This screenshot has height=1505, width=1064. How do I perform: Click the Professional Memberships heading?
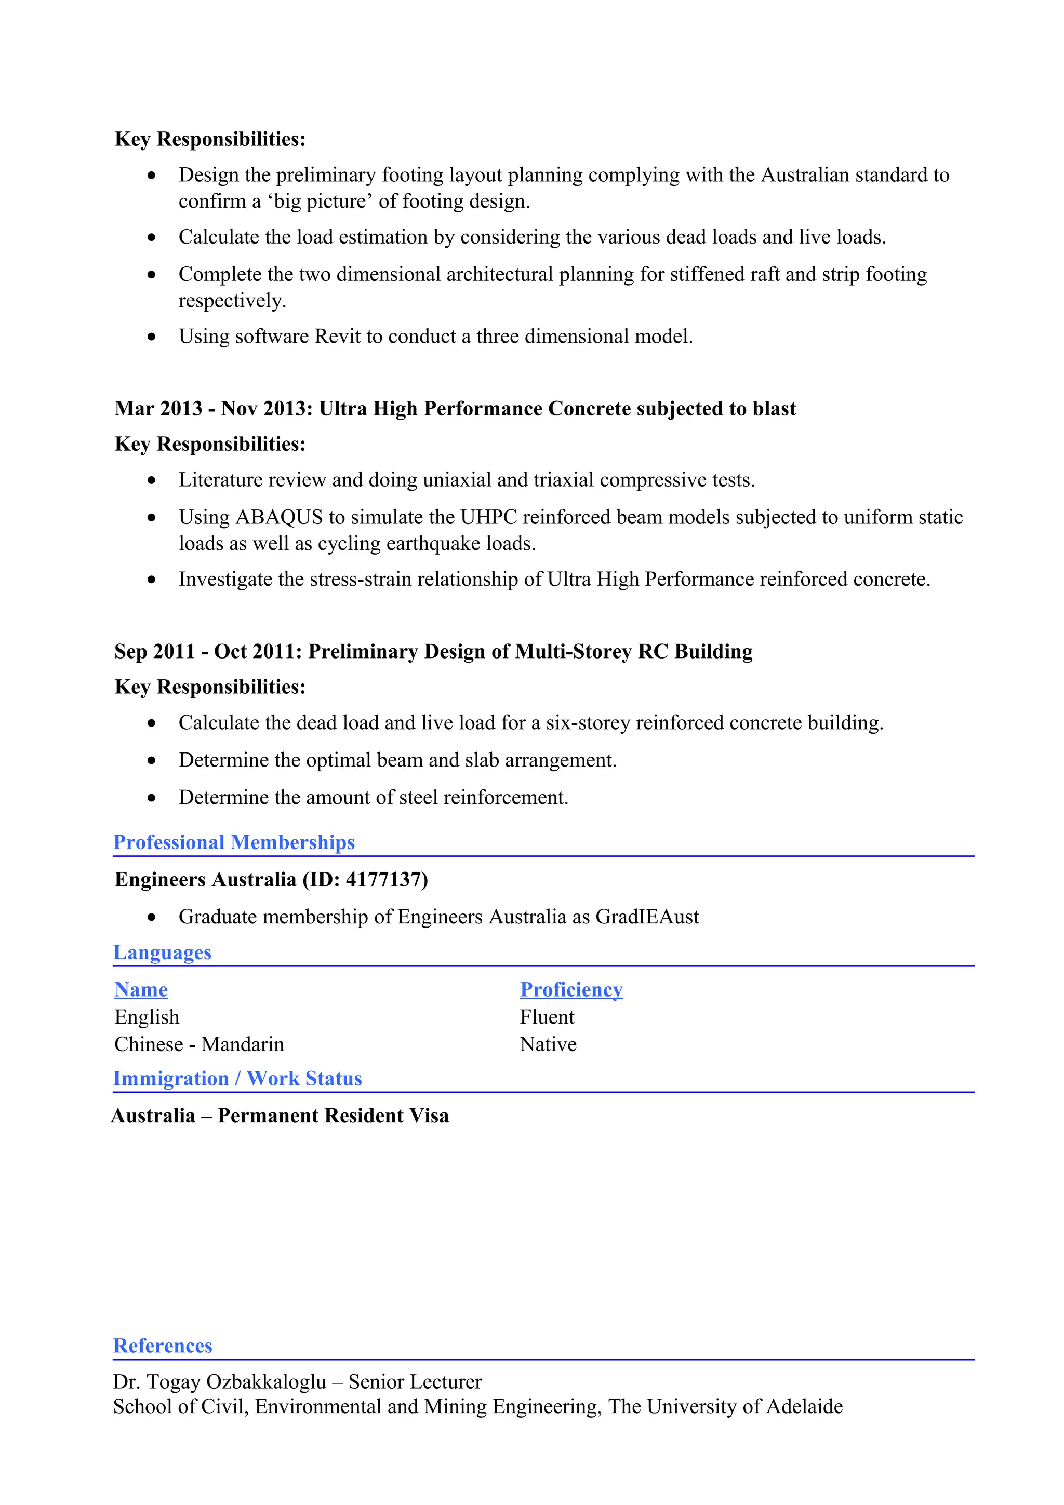coord(234,842)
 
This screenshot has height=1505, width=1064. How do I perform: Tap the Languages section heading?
coord(163,952)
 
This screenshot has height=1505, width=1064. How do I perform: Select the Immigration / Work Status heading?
coord(237,1078)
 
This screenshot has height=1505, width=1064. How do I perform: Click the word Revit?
coord(338,337)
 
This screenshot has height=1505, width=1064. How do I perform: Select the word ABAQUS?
coord(280,517)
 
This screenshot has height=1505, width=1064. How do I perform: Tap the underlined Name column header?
coord(141,989)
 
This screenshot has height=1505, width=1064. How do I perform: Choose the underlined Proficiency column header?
coord(571,989)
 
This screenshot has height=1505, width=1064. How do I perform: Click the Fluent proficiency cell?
coord(547,1017)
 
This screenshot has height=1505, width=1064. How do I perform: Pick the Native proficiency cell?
coord(548,1044)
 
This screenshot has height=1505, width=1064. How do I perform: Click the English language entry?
coord(147,1017)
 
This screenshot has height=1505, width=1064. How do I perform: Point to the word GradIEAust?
coord(647,917)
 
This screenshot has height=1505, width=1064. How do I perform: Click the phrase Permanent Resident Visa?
coord(333,1116)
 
